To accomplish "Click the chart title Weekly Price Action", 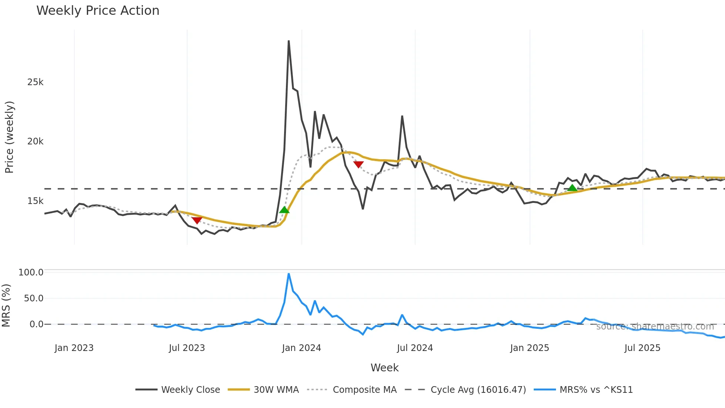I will [98, 11].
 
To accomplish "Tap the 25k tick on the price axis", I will [35, 82].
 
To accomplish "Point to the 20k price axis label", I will [35, 141].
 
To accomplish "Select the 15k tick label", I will [35, 201].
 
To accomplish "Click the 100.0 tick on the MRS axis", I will [31, 272].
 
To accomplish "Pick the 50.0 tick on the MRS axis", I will [34, 298].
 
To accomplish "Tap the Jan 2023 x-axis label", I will [74, 348].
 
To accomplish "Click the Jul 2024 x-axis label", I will [415, 348].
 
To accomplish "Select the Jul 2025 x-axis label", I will [642, 348].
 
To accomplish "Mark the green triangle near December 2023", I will [284, 210].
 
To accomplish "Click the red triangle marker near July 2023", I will [197, 220].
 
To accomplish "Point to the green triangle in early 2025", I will [572, 188].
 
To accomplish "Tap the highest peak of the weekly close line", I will [289, 41].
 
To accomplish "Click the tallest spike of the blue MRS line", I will [289, 274].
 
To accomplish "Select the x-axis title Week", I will [384, 368].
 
